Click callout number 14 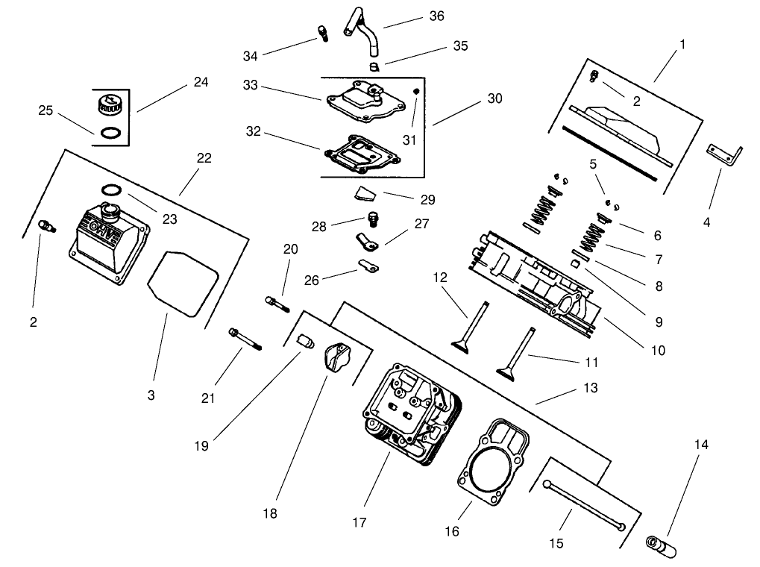click(701, 445)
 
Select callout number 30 click(495, 98)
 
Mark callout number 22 click(204, 158)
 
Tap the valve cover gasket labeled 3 click(182, 283)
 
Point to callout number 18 click(269, 513)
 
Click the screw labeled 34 click(323, 32)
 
